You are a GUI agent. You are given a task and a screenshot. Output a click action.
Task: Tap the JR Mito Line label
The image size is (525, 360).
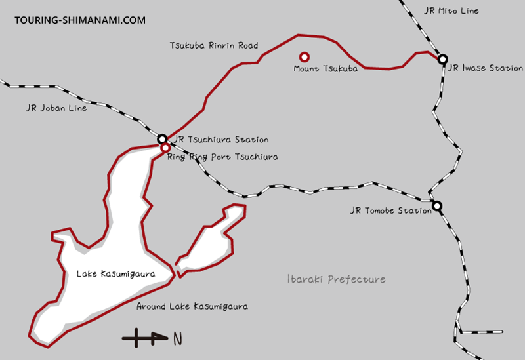point(452,11)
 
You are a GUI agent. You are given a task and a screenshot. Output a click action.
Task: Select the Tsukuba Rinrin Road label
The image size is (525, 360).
point(213,46)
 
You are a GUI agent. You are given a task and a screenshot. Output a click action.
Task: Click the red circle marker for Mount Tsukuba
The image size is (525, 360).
point(304,57)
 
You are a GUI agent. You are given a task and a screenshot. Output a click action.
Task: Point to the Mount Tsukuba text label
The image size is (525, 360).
point(325,68)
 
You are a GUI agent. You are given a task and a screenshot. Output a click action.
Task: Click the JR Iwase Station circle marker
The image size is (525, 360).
point(443,58)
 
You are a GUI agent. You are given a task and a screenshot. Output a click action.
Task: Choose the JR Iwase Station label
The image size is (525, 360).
point(486,68)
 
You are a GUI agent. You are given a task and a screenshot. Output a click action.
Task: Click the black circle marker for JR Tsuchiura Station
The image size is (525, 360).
point(162,138)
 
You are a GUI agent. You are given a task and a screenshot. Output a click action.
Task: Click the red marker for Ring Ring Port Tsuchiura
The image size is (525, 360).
point(165,148)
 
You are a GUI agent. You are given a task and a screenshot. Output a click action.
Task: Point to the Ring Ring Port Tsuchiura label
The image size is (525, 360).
point(222,157)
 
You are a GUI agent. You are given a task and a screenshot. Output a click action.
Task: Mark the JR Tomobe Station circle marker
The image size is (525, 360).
point(437,206)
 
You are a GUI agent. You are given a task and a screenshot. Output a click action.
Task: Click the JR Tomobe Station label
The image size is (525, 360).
point(390,211)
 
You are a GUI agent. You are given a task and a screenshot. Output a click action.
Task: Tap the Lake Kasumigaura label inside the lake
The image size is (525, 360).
point(115,274)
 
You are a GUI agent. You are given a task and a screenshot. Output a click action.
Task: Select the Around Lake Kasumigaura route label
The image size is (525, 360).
point(192,306)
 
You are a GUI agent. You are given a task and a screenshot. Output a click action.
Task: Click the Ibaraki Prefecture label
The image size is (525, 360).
point(337,279)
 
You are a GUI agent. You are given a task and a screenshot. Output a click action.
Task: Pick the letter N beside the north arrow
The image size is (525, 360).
point(177,339)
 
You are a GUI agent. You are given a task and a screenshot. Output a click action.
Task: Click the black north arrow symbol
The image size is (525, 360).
point(144,338)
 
